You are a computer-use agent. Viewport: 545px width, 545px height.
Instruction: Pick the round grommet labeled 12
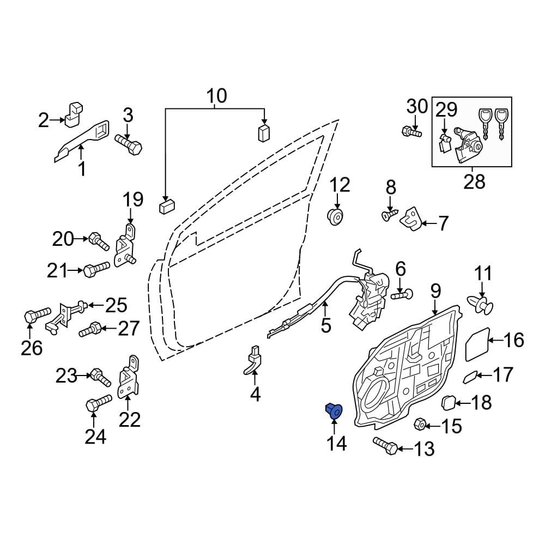(x=336, y=216)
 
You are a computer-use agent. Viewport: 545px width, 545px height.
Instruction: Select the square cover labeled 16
(x=475, y=344)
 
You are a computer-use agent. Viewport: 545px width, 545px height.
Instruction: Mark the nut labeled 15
(x=421, y=425)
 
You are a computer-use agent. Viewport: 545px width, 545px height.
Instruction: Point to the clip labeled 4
(x=253, y=363)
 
